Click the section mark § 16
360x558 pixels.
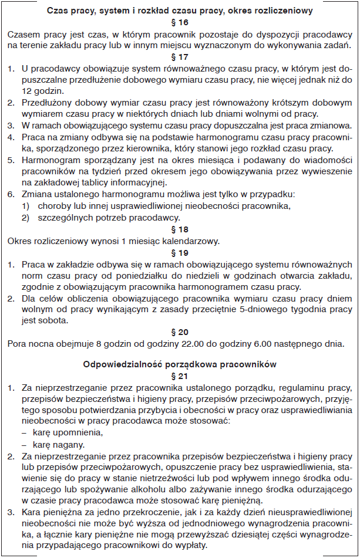tap(180, 23)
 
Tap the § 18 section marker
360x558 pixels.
tap(180, 229)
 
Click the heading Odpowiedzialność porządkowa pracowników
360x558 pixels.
tap(180, 364)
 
